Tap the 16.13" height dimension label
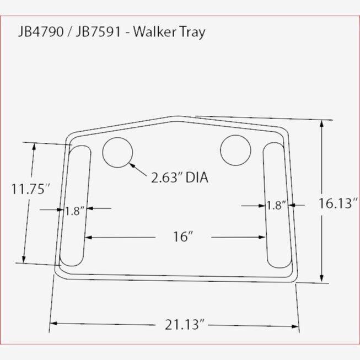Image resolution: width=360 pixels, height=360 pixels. pyautogui.click(x=337, y=203)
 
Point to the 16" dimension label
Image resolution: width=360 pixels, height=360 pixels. pyautogui.click(x=182, y=237)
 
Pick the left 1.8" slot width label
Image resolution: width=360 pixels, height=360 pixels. pyautogui.click(x=74, y=210)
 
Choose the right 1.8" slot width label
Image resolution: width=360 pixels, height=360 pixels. pyautogui.click(x=276, y=206)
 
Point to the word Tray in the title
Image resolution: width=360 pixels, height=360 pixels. pyautogui.click(x=192, y=31)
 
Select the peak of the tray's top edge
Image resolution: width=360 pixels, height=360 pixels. pyautogui.click(x=176, y=117)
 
